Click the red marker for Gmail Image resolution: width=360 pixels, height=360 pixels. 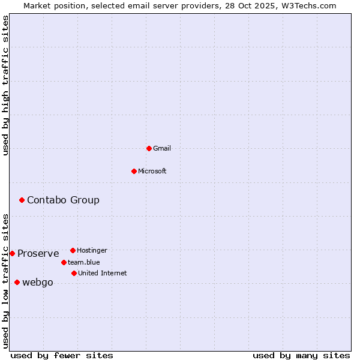tap(149, 148)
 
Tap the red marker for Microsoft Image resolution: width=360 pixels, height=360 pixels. tap(134, 171)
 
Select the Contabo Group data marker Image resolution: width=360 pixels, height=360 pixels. tap(22, 200)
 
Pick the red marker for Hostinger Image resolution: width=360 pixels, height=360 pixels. tap(73, 250)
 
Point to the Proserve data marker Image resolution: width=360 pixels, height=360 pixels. tap(12, 253)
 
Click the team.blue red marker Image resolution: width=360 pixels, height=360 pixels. tap(64, 262)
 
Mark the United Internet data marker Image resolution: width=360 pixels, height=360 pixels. tap(74, 273)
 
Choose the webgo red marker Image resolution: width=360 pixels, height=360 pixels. tap(17, 282)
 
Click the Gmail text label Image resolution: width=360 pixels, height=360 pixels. tap(162, 148)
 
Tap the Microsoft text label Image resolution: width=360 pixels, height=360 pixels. tap(152, 171)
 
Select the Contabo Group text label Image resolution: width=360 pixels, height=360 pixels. tap(63, 200)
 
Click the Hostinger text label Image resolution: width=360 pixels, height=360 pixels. tap(92, 250)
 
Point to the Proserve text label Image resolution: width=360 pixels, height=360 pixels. tap(38, 253)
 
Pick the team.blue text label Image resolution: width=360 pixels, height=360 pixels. tap(83, 262)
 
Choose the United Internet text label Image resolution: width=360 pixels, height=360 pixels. tap(102, 273)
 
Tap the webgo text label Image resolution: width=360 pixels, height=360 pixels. tap(37, 282)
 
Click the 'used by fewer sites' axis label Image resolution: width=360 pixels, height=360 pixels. tap(62, 355)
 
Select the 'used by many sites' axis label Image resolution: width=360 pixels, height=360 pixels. tap(301, 355)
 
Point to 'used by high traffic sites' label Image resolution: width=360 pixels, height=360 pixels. tap(5, 85)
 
